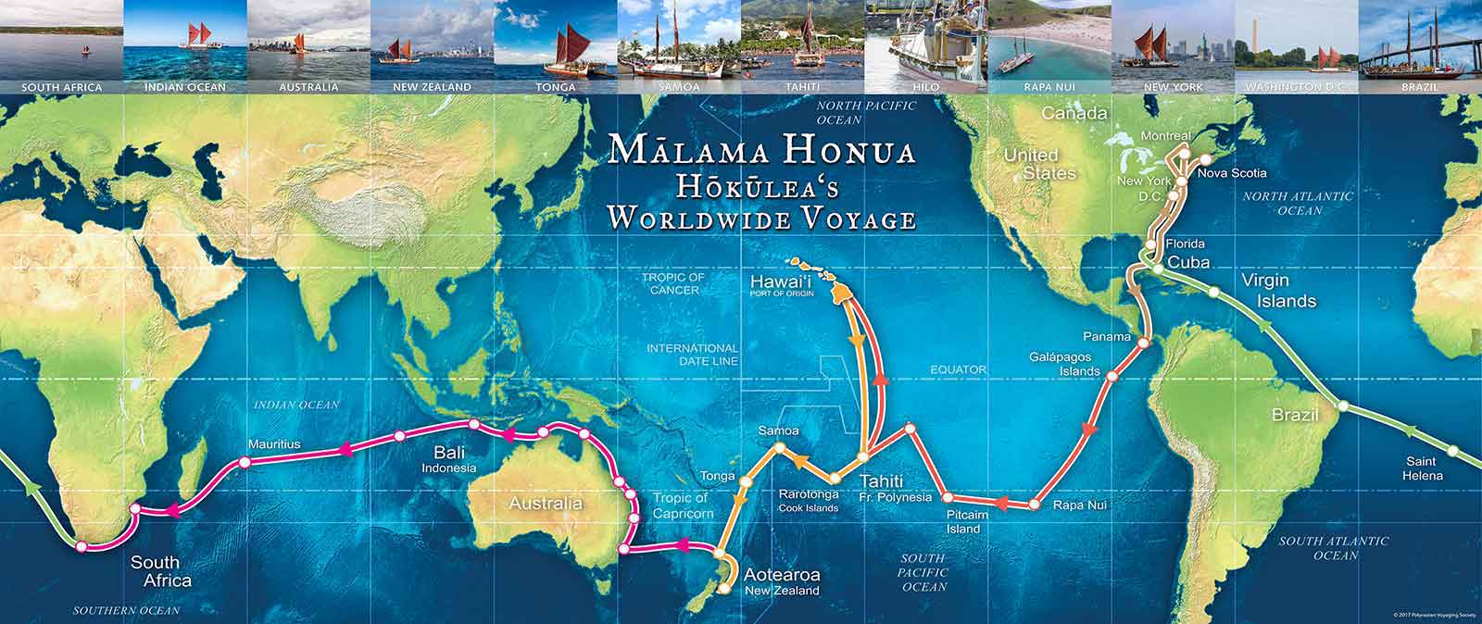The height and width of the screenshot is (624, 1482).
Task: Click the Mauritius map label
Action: [x=273, y=444]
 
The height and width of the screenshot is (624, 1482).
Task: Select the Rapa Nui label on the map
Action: [x=1073, y=506]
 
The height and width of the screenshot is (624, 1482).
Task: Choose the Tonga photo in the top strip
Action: [x=555, y=44]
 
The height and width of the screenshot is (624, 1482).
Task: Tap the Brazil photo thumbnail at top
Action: [x=1419, y=44]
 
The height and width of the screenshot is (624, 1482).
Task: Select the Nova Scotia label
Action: [x=1231, y=173]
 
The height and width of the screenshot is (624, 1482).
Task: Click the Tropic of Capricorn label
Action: [x=683, y=505]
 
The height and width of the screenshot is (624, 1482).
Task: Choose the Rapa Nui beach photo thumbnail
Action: [x=1049, y=44]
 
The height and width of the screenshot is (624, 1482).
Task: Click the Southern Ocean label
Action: [x=127, y=610]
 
